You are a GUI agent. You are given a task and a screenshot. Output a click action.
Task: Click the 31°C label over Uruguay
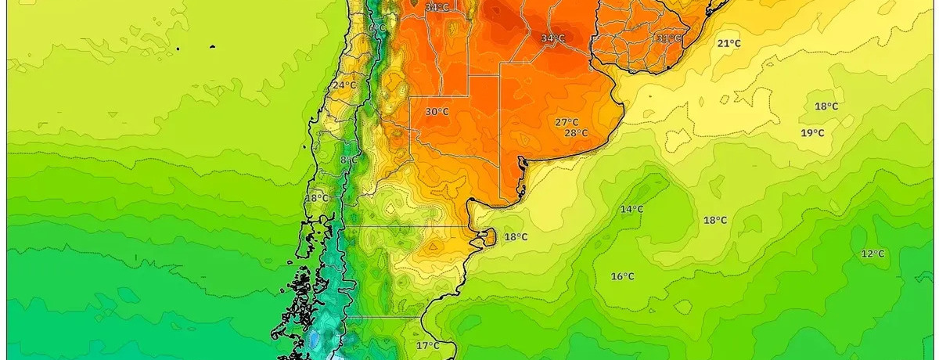pos(668,38)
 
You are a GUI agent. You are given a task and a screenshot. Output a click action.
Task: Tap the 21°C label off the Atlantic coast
pos(729,44)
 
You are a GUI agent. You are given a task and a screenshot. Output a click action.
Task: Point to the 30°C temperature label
pos(437,112)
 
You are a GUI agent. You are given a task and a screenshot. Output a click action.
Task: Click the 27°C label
pos(567,122)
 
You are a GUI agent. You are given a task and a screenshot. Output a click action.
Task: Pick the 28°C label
pos(576,133)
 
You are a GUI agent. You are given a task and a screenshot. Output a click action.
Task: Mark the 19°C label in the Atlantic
pos(812,133)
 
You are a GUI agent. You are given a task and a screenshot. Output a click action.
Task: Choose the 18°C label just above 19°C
pos(826,106)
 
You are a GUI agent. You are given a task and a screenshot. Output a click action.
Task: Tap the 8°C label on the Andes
pos(349,160)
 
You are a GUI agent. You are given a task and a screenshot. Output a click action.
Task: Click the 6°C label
pos(377,28)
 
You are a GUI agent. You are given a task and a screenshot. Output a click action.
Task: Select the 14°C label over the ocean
pos(631,209)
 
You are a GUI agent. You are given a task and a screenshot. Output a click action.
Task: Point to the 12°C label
pos(872,254)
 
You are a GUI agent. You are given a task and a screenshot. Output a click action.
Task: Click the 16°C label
pos(622,276)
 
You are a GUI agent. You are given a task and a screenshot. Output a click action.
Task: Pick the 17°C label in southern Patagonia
pos(427,345)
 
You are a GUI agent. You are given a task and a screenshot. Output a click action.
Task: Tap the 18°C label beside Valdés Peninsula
pos(516,237)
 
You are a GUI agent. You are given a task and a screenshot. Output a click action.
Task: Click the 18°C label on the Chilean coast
pos(316,199)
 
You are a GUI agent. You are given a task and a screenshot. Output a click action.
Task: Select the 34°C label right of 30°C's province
pos(552,38)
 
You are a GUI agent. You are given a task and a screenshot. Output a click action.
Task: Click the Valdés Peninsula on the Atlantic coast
pos(487,236)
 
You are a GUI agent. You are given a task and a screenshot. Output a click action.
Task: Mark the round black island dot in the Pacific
pos(213,47)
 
